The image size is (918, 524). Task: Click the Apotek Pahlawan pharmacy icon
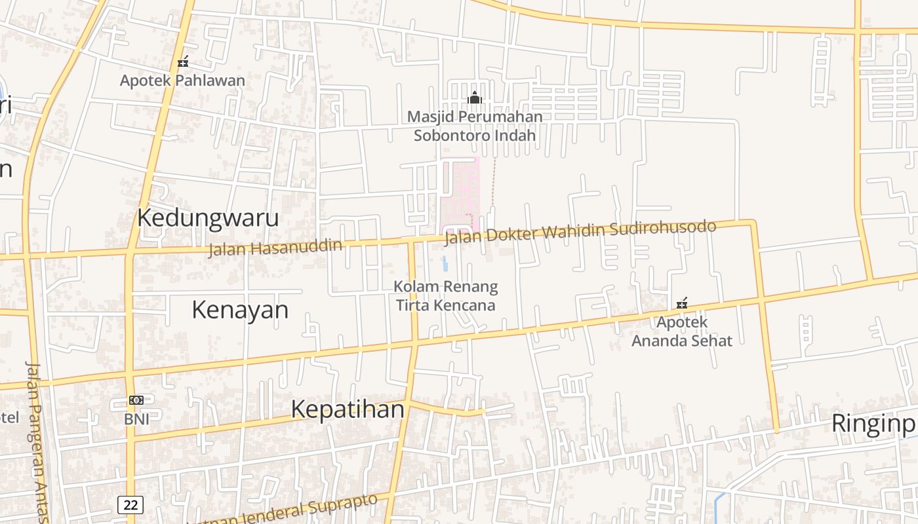tap(183, 62)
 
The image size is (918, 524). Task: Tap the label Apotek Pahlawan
tap(182, 81)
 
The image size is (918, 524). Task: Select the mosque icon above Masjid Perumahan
tap(475, 98)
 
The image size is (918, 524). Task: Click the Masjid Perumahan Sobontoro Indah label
tap(475, 126)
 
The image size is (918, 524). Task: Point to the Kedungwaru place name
tap(208, 218)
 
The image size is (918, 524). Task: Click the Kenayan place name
tap(240, 310)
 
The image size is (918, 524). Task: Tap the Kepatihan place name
tap(348, 409)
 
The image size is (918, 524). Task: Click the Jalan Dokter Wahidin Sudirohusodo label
tap(580, 233)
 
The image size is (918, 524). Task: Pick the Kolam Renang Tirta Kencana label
tap(446, 296)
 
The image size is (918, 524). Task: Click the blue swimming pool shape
tap(445, 264)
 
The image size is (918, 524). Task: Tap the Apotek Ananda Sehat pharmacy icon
tap(682, 303)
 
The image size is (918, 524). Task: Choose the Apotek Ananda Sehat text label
tap(682, 331)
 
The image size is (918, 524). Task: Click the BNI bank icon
tap(136, 400)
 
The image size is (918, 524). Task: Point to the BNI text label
tap(136, 419)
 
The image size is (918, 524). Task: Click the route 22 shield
tap(130, 504)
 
